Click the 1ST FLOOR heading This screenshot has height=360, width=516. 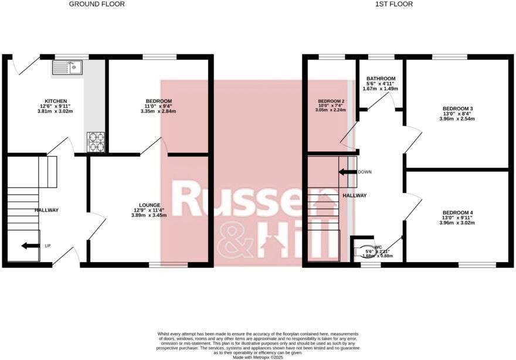pyautogui.click(x=394, y=4)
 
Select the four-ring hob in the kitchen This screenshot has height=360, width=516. pyautogui.click(x=96, y=141)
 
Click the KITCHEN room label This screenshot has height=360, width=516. pyautogui.click(x=56, y=101)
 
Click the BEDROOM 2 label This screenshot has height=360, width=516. pyautogui.click(x=331, y=101)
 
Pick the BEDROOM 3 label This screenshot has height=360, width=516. pyautogui.click(x=457, y=108)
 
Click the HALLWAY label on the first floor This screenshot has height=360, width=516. pyautogui.click(x=355, y=196)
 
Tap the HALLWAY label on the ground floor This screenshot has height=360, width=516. pyautogui.click(x=46, y=210)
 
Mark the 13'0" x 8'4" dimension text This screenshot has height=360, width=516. pyautogui.click(x=457, y=114)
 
